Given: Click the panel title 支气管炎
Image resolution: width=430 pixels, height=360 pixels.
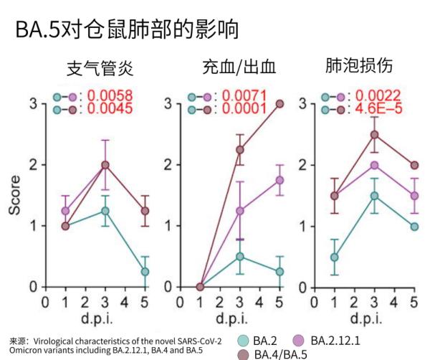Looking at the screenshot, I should click(x=100, y=70).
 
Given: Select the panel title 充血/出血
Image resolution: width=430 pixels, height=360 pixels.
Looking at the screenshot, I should click(x=239, y=70).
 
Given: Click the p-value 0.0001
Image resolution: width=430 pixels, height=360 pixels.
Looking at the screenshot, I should click(x=245, y=110).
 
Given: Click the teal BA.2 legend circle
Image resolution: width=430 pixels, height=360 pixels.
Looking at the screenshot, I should click(x=242, y=341).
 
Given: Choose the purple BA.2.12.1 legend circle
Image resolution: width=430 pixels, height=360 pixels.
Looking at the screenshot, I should click(x=299, y=339).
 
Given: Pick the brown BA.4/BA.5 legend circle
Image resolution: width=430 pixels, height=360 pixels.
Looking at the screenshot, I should click(x=242, y=353).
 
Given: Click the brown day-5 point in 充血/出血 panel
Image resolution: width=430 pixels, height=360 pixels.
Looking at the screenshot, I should click(x=280, y=103).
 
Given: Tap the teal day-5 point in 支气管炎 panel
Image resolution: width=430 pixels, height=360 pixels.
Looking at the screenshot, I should click(x=145, y=272).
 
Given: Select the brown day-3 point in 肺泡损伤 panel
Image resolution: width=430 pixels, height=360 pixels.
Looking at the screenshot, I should click(x=374, y=134).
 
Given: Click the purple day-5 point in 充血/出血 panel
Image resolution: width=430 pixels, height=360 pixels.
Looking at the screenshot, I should click(x=280, y=180).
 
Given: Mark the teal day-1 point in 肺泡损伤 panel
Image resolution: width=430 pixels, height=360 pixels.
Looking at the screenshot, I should click(x=334, y=257).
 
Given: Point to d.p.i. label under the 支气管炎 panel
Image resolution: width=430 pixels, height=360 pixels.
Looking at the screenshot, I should click(x=105, y=316).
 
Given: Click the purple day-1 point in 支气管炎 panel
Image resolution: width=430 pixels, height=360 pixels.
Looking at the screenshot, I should click(x=66, y=211).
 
